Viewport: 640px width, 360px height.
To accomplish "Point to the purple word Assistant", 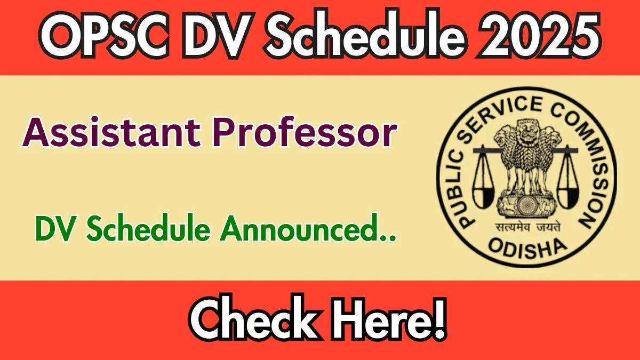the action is click(111, 132).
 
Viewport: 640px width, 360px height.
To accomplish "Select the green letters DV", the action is click(57, 229).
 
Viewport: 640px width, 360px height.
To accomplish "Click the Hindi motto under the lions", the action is click(527, 228).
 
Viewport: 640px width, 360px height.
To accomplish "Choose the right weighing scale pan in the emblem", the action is click(568, 197).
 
